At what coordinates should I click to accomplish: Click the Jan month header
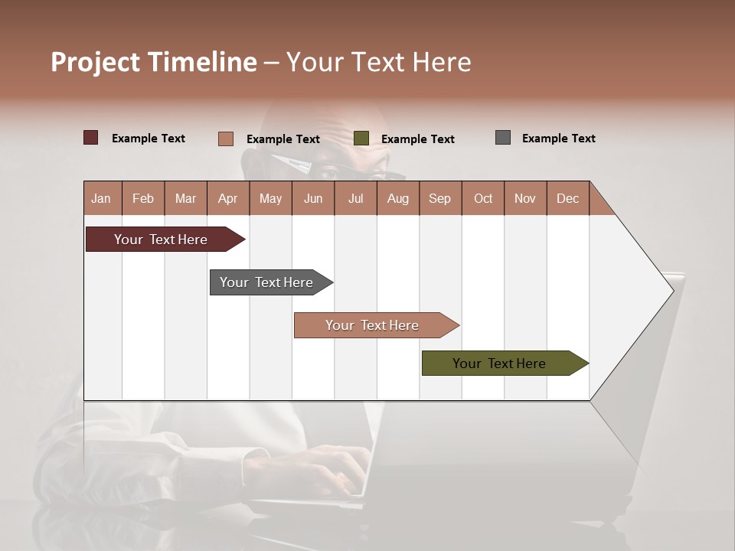click(x=101, y=198)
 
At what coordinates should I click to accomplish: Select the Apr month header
click(x=227, y=198)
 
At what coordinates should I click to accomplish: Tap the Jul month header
click(x=355, y=198)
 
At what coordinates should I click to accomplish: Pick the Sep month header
click(x=439, y=198)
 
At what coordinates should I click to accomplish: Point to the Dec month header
click(x=567, y=198)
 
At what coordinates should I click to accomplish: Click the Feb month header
click(x=143, y=198)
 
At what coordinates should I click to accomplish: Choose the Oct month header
click(x=483, y=198)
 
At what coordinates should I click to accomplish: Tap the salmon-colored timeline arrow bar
click(x=374, y=325)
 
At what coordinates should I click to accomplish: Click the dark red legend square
click(x=90, y=138)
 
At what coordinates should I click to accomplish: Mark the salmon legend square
click(x=225, y=139)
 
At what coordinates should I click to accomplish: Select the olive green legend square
click(x=361, y=139)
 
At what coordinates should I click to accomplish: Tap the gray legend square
click(x=503, y=138)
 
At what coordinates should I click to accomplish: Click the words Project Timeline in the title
click(x=154, y=62)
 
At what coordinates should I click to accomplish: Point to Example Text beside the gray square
click(x=558, y=139)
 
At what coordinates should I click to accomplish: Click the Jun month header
click(x=313, y=198)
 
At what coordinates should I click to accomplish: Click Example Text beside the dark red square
click(x=149, y=139)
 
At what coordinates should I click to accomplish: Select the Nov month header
click(x=525, y=198)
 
